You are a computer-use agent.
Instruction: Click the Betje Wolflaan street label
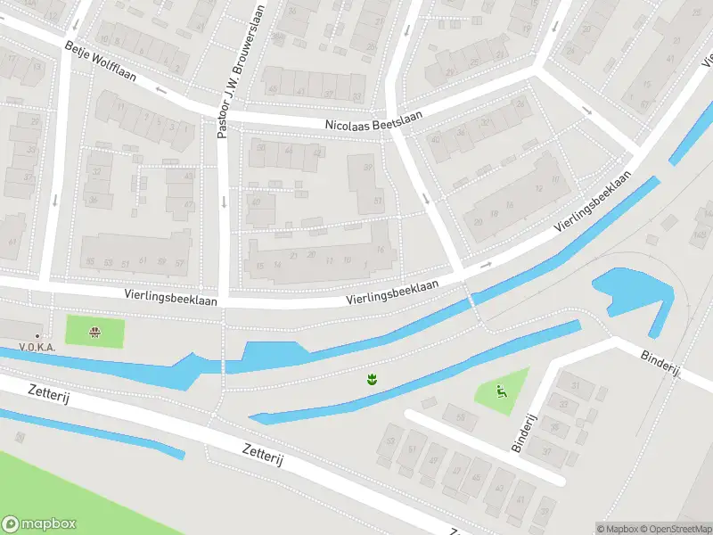(100, 62)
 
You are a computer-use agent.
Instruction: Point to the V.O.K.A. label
(36, 347)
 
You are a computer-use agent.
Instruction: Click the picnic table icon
(94, 333)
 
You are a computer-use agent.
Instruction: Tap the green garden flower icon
(372, 380)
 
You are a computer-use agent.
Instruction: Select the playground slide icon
(501, 390)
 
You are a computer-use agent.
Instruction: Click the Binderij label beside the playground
(528, 432)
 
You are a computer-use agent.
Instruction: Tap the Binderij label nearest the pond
(660, 362)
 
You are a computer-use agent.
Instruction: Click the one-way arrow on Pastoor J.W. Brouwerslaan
(223, 200)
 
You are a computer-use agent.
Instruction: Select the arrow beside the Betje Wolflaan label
(160, 90)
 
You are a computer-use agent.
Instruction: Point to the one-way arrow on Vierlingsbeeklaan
(486, 265)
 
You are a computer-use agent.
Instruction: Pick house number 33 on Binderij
(564, 405)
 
